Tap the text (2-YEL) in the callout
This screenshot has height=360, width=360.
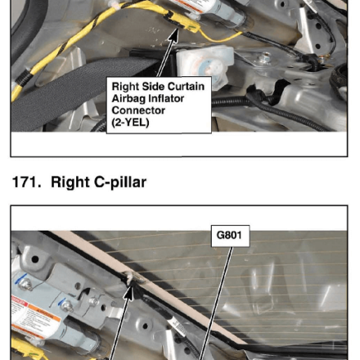click(x=130, y=123)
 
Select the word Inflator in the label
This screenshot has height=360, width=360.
click(x=167, y=98)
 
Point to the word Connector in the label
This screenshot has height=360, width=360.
click(x=138, y=110)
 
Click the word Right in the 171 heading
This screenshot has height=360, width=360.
click(x=70, y=182)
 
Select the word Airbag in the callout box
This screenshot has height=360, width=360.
click(x=129, y=99)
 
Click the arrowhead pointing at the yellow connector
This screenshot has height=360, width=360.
click(x=173, y=34)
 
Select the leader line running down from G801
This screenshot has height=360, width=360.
click(x=215, y=304)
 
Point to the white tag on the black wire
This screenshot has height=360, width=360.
click(x=176, y=326)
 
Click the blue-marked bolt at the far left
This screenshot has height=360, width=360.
click(x=24, y=284)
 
